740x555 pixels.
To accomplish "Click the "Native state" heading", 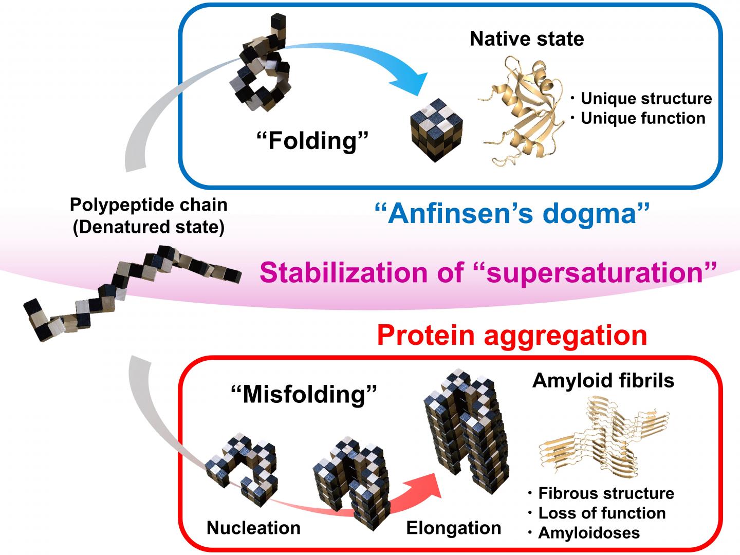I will pos(527,39).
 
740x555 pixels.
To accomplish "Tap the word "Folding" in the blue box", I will pos(312,140).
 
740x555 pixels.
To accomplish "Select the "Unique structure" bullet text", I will pos(646,98).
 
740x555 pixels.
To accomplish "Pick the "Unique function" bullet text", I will pos(643,118).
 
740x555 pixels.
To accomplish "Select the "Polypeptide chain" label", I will pos(149,205).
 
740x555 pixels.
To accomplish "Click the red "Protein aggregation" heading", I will pos(511,335).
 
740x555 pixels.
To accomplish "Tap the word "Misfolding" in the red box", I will pos(304,394).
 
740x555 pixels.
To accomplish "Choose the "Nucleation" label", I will pos(253,528).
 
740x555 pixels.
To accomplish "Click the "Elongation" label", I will pos(453,528).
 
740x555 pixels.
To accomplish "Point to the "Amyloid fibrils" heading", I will pos(603,380).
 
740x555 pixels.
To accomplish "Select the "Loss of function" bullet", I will pos(601,513).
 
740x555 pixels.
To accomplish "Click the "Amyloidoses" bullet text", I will pos(589,533).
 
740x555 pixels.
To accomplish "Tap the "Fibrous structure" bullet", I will pos(606,493).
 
